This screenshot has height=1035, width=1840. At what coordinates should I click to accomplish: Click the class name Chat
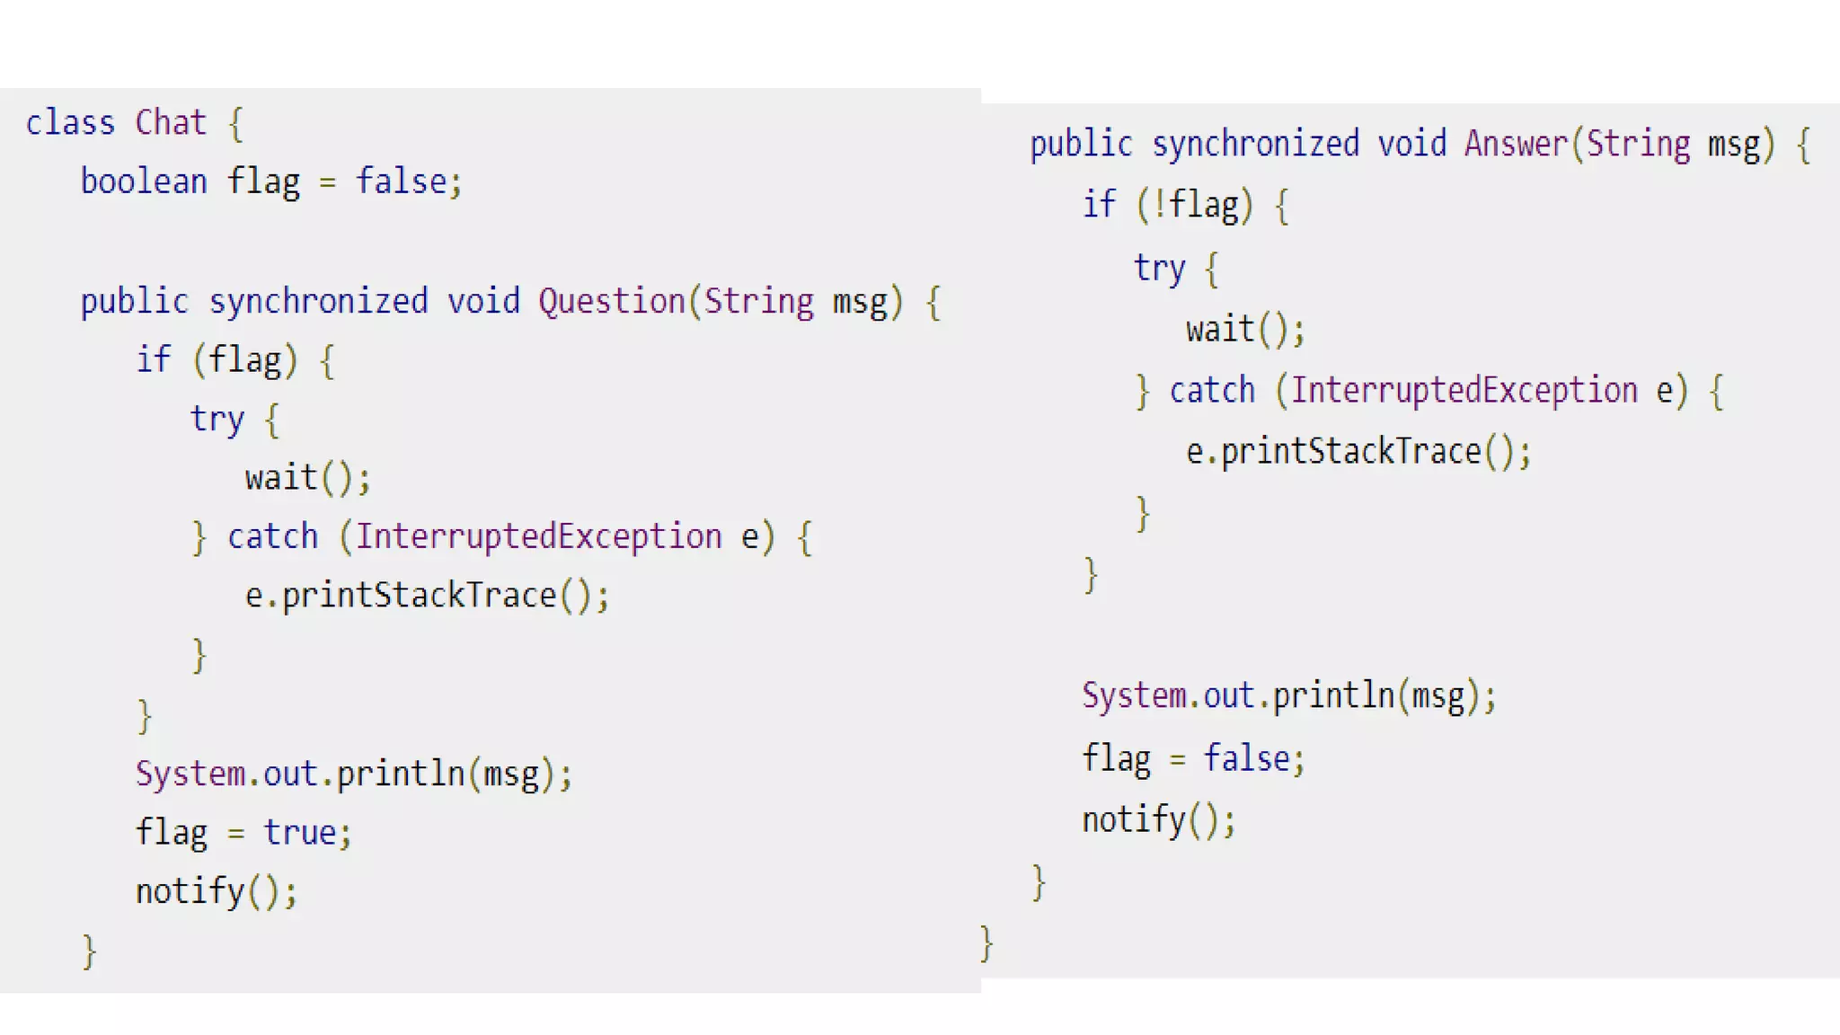click(171, 122)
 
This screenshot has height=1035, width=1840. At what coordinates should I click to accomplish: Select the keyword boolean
click(144, 181)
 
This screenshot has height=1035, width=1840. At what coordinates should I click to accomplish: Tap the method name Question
click(612, 301)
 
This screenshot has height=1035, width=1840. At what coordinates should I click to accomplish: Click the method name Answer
click(1516, 144)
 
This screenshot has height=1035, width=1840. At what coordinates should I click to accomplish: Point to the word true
click(299, 833)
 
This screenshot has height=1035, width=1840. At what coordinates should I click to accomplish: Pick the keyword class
click(70, 122)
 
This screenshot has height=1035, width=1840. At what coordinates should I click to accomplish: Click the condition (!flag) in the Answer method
click(1194, 205)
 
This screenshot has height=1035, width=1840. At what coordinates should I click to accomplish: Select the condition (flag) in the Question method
click(244, 360)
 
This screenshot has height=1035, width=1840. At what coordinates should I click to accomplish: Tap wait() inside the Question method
click(306, 478)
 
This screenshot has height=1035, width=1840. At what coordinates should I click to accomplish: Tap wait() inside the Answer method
click(1243, 329)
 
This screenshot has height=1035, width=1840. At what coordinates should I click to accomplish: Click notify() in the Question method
click(215, 891)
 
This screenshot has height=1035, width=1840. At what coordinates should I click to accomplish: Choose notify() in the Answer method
click(1157, 819)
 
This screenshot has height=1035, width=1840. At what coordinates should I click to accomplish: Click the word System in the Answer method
click(1134, 695)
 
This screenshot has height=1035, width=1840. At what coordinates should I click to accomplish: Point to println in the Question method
click(400, 774)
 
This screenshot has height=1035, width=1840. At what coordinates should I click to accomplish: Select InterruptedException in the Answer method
click(1464, 391)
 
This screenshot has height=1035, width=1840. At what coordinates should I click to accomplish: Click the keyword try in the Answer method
click(1159, 268)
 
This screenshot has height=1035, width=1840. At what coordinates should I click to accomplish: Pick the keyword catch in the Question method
click(272, 536)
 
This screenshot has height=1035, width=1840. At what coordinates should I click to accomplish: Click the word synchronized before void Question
click(318, 301)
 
